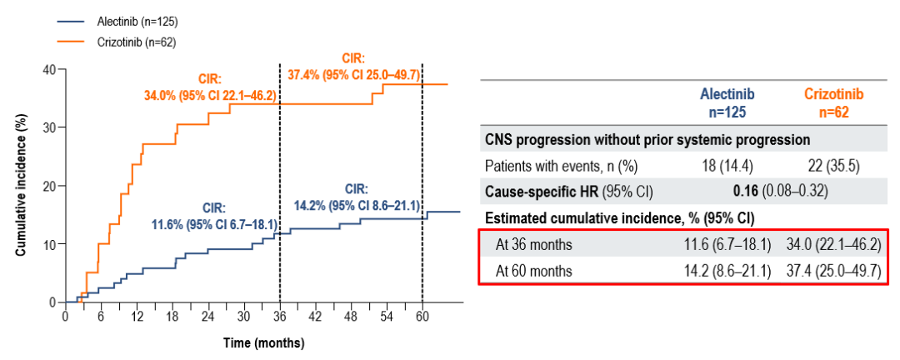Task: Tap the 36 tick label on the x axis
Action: pyautogui.click(x=279, y=317)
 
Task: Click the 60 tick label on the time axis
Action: pyautogui.click(x=422, y=317)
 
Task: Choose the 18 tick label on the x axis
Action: pyautogui.click(x=172, y=317)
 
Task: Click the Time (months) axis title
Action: pyautogui.click(x=263, y=342)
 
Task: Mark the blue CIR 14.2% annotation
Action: pyautogui.click(x=357, y=196)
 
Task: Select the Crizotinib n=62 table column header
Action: pyautogui.click(x=833, y=102)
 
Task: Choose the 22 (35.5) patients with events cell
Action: pyautogui.click(x=833, y=166)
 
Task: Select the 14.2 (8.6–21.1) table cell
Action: pyautogui.click(x=722, y=270)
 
